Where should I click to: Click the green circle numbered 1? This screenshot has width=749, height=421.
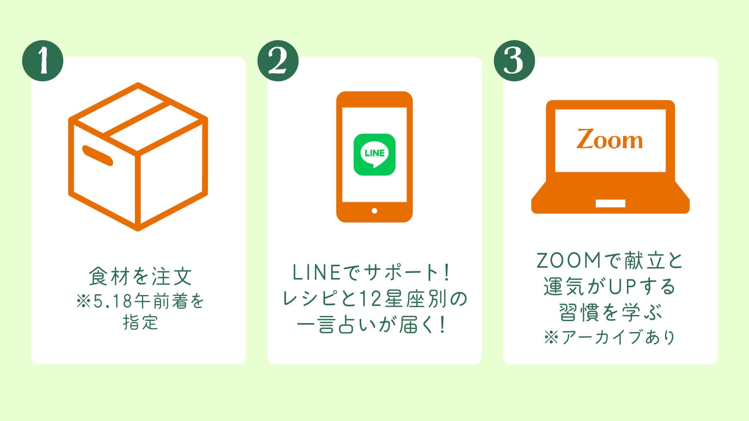43,61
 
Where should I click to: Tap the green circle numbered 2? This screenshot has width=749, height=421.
278,61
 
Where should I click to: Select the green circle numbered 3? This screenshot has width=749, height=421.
514,61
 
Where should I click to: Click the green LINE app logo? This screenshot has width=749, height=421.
374,154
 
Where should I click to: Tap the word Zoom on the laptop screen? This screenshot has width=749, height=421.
610,140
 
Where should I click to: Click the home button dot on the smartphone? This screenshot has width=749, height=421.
374,211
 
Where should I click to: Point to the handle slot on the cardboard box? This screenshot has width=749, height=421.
98,155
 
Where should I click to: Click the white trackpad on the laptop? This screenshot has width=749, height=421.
610,203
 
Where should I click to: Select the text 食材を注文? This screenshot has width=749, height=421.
140,276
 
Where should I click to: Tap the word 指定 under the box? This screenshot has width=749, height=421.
140,323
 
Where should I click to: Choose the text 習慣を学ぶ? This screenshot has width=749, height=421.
611,313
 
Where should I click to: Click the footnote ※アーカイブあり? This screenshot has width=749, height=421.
610,338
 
